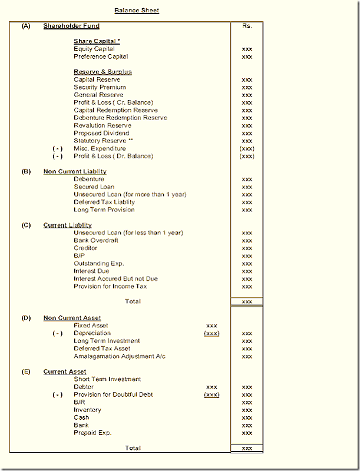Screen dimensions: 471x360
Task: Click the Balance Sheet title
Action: [137, 11]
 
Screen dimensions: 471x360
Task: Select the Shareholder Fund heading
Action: [71, 26]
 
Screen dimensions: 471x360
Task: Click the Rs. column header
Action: [247, 26]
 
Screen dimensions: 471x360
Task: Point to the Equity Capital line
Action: [94, 49]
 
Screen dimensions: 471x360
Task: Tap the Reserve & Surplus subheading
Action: [103, 72]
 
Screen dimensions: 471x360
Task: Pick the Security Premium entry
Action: [100, 87]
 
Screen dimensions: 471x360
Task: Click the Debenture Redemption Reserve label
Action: [120, 118]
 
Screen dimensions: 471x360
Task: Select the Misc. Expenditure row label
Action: [100, 148]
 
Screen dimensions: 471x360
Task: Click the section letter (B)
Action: [26, 171]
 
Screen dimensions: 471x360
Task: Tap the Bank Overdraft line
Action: [96, 240]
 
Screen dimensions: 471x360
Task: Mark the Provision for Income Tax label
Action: [110, 286]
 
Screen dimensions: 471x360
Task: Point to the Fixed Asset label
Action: [91, 326]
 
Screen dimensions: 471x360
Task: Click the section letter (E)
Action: [26, 372]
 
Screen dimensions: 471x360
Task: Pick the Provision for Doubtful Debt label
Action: [113, 394]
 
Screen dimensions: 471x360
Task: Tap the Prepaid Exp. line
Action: [93, 433]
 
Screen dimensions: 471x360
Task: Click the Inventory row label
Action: [87, 410]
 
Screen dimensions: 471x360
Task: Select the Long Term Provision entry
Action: [104, 210]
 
